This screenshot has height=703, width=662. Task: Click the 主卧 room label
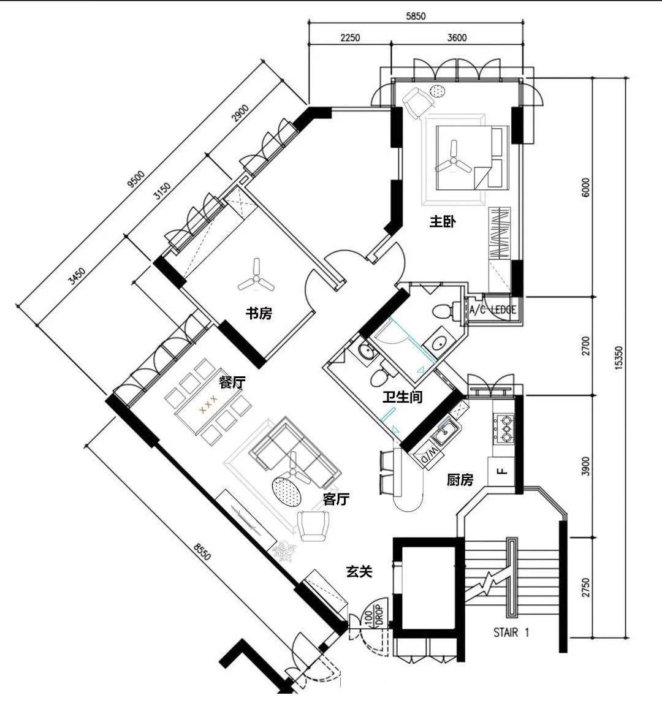point(443,221)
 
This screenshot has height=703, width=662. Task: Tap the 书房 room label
point(259,313)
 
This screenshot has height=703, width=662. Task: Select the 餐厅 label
point(232,382)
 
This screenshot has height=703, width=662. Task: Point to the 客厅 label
point(337,498)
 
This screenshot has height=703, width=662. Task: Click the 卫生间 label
point(402,397)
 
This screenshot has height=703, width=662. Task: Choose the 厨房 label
point(460,480)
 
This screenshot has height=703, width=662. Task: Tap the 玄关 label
point(359,571)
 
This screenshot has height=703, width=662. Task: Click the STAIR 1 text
point(511,633)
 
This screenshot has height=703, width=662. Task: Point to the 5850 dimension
point(416,16)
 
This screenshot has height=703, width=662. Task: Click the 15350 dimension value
point(619,358)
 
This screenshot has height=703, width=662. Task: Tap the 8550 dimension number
point(202,552)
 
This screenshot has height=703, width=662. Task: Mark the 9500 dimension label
point(136,180)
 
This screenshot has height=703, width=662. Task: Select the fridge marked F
point(502,471)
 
